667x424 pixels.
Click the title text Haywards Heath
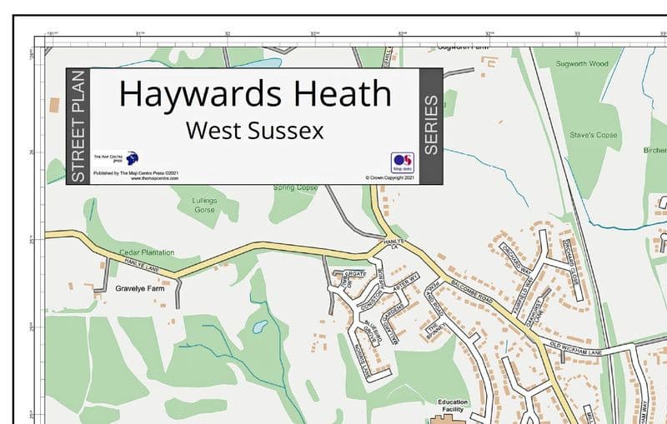tap(255, 93)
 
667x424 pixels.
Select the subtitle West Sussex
tap(255, 131)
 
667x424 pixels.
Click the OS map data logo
tap(402, 162)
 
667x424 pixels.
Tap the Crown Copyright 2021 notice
tap(391, 177)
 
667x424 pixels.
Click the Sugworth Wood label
tap(583, 63)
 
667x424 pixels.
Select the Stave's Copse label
tap(594, 134)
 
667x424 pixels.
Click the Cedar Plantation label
tap(147, 252)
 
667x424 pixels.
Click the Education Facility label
tap(453, 407)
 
